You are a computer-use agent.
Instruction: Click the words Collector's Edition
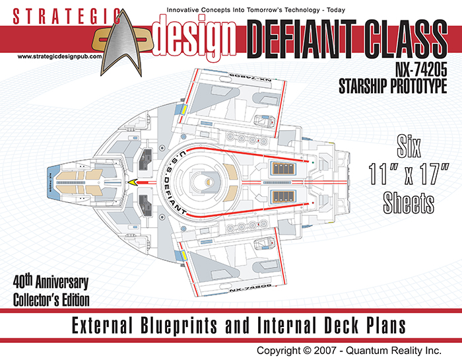pos(51,299)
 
